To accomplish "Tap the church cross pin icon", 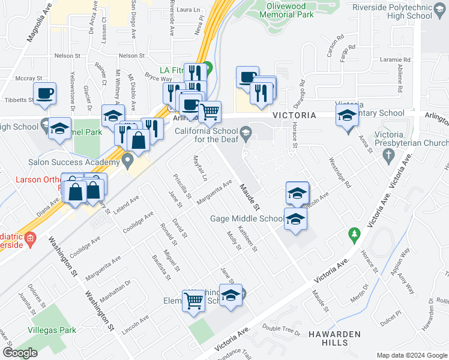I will [x=389, y=156].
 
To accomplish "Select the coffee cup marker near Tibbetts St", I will [x=44, y=94].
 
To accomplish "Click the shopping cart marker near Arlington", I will [x=209, y=112].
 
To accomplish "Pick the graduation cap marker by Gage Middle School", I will [x=295, y=219].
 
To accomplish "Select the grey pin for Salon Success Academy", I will [x=127, y=160].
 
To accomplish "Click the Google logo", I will [x=20, y=353].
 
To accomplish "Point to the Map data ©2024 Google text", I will [x=412, y=355].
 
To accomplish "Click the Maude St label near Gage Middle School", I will [x=249, y=197].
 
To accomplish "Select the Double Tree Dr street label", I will [x=281, y=329].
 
